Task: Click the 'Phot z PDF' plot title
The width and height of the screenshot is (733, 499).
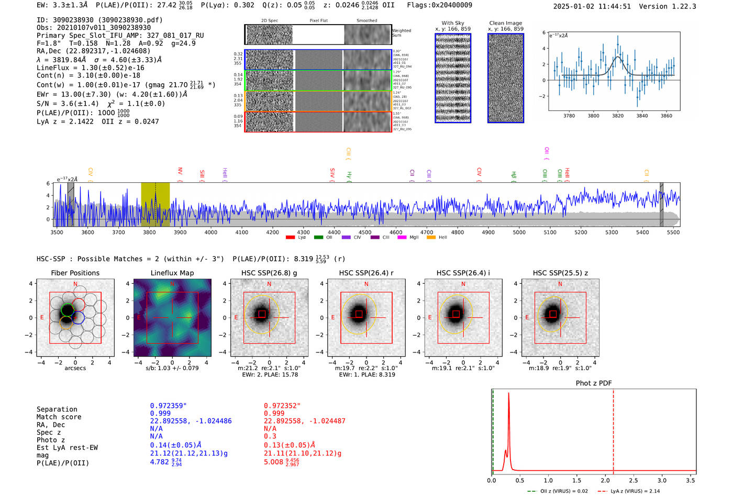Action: tap(594, 383)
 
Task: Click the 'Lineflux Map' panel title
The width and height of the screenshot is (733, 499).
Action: tap(172, 273)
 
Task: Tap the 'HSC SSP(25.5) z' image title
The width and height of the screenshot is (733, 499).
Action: tap(560, 273)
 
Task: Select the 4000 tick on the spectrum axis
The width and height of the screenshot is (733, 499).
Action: tap(211, 232)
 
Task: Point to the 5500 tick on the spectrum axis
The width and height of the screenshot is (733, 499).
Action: tap(673, 232)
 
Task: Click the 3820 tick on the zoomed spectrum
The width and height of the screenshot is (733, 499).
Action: tap(618, 116)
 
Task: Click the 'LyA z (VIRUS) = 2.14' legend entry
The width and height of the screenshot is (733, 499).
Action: tap(635, 491)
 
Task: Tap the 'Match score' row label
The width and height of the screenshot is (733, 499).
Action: tap(59, 417)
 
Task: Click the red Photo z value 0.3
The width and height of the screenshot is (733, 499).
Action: tap(270, 436)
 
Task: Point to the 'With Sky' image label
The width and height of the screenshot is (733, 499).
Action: tap(453, 23)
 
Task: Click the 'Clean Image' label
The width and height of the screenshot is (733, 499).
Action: tap(505, 23)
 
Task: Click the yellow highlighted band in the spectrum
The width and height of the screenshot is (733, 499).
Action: tap(155, 204)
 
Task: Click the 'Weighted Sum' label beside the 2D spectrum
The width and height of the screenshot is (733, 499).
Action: tap(402, 33)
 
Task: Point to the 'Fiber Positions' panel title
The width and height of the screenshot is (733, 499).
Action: tap(75, 273)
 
